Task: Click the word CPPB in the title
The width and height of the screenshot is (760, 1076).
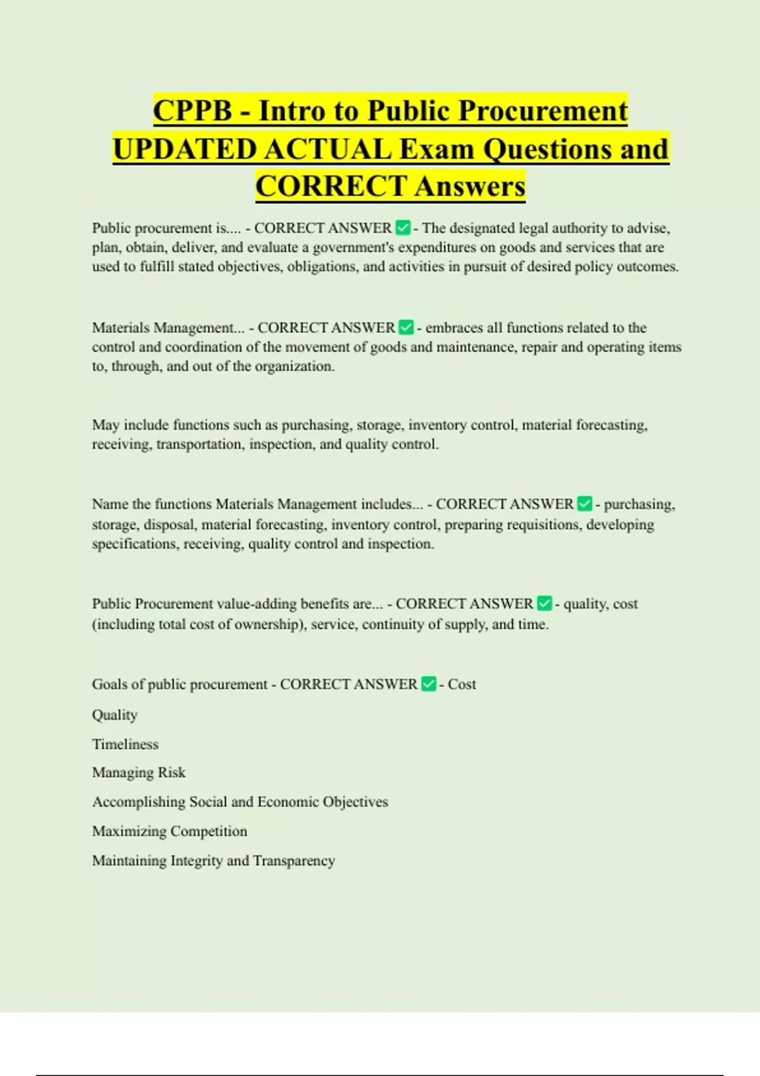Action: coord(193,111)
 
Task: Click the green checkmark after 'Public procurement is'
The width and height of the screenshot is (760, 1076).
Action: coord(402,228)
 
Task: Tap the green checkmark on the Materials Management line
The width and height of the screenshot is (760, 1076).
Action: coord(406,328)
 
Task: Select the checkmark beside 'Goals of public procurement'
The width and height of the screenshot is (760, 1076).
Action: coord(429,684)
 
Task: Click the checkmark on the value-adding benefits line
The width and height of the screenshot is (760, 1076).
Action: coord(544,604)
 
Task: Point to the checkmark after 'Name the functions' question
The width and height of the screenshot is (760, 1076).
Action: coord(585,504)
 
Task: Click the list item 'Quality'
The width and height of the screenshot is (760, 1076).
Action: coord(115,715)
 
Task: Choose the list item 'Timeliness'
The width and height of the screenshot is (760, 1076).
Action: coord(125,744)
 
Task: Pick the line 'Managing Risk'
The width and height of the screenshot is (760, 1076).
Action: coord(139,773)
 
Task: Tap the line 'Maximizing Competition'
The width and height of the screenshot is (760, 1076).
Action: coord(170,831)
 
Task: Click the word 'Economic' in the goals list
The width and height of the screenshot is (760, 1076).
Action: coord(288,802)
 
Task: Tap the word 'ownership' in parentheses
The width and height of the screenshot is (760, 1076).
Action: coord(268,624)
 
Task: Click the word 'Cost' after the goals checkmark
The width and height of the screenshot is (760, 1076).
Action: coord(462,684)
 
